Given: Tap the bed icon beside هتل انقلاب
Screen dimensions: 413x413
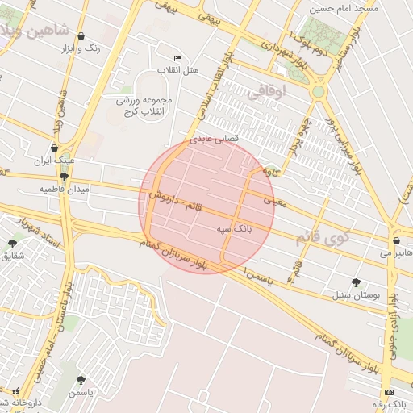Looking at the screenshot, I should coord(178,59).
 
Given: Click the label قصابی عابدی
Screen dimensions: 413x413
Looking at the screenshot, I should coord(214,139).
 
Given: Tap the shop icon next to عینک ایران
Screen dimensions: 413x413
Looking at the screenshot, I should coord(54,148).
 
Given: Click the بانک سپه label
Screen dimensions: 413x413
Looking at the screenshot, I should coord(235,229).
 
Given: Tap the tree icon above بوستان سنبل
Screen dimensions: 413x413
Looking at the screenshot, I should coord(356,282).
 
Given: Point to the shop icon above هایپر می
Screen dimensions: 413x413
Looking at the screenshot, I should coord(396,241).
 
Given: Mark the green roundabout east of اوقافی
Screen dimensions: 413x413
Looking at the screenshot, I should coord(319,90).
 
